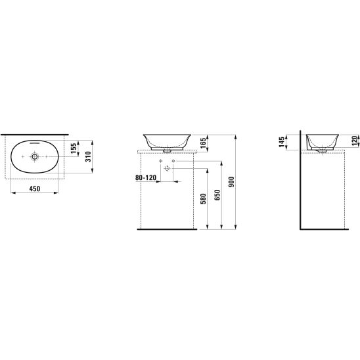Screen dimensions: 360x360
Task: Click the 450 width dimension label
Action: tap(35, 189)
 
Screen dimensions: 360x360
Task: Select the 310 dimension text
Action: tap(89, 156)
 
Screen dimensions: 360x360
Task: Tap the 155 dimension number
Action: tap(74, 148)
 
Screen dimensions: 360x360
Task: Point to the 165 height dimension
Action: tap(203, 143)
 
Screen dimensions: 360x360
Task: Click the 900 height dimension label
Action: tap(231, 182)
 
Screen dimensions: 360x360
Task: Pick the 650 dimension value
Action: tap(217, 195)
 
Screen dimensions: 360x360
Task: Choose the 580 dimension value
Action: tap(203, 199)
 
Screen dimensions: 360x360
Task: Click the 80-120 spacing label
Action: tap(146, 177)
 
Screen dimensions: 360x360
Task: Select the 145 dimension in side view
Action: tap(282, 142)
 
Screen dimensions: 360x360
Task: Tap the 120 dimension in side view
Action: tap(355, 141)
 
